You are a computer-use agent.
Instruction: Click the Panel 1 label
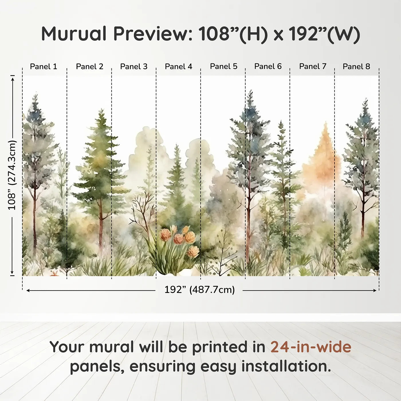point(44,66)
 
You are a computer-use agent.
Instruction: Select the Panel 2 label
point(89,66)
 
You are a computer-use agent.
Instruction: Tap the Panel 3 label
point(134,66)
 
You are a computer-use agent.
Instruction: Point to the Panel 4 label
point(178,66)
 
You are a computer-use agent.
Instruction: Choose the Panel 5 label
point(223,66)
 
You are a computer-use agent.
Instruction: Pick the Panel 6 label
point(268,66)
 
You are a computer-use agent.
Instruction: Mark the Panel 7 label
point(312,66)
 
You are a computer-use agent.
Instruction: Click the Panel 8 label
point(356,66)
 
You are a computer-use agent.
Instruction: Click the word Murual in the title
point(74,34)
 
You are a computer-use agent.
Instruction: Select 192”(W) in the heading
point(324,34)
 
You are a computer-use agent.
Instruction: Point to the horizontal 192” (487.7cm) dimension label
point(199,290)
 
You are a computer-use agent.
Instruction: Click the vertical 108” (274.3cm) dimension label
point(12,175)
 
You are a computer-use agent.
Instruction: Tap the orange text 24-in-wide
point(311,347)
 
